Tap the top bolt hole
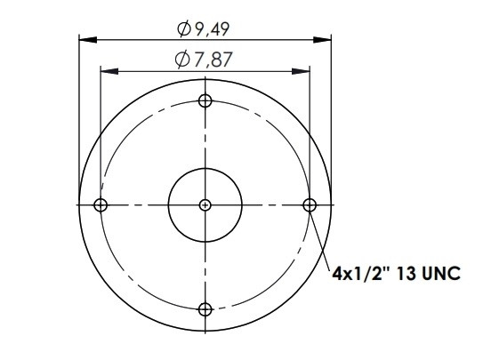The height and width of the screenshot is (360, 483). (205, 100)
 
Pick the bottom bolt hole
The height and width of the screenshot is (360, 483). (205, 309)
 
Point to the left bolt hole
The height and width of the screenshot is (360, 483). (101, 205)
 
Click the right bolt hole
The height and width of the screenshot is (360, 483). (310, 205)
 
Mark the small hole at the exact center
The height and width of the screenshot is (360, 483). (205, 205)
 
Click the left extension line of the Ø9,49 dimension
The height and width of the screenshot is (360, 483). (79, 107)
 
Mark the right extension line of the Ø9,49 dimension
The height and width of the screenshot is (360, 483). (331, 107)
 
